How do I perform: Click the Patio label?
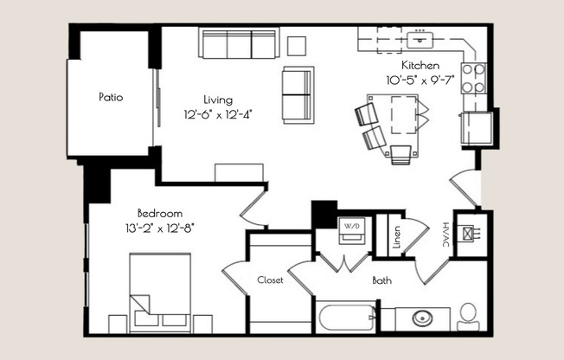pyautogui.click(x=111, y=98)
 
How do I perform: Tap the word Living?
pyautogui.click(x=218, y=99)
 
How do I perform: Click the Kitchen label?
pyautogui.click(x=420, y=65)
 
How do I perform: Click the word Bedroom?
pyautogui.click(x=159, y=213)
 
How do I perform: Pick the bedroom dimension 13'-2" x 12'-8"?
pyautogui.click(x=159, y=228)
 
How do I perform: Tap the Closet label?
pyautogui.click(x=271, y=280)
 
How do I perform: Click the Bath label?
pyautogui.click(x=382, y=280)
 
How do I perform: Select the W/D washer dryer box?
pyautogui.click(x=352, y=227)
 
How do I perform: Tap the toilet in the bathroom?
pyautogui.click(x=468, y=315)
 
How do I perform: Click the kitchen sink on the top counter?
pyautogui.click(x=421, y=38)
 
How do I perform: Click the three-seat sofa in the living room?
pyautogui.click(x=238, y=42)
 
